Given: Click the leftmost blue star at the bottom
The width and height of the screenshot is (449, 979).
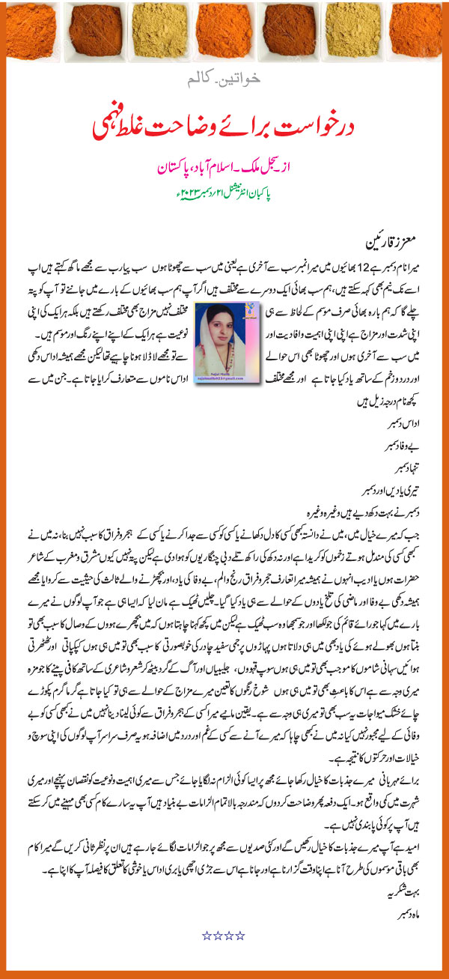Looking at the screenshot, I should (x=208, y=935).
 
